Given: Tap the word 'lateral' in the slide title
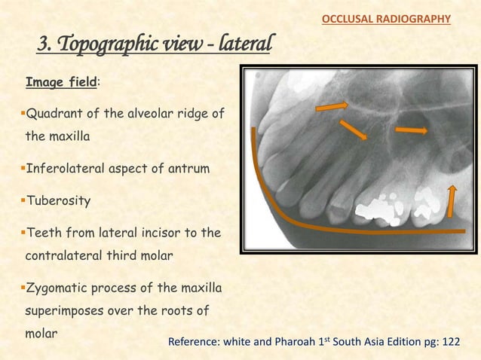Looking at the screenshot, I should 243,45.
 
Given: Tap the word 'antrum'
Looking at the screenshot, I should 179,169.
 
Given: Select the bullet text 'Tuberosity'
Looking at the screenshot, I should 60,202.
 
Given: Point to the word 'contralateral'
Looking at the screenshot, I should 70,257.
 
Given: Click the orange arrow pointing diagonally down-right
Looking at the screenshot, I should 354,130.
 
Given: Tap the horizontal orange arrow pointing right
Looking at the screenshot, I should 412,131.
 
